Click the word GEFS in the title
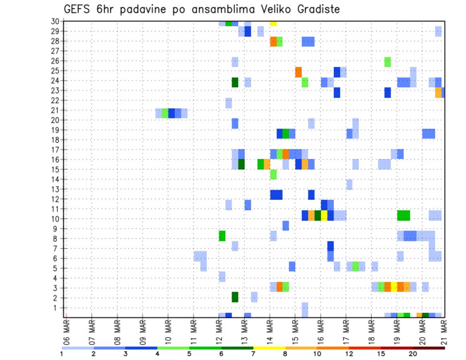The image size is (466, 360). coord(78,9)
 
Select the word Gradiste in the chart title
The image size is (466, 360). coord(317,9)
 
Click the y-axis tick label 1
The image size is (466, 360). coord(57,308)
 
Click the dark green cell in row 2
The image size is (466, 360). coord(235,297)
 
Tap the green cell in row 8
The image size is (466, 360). coord(222,236)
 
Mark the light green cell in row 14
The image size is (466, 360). coord(273,174)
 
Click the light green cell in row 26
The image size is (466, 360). coord(387,62)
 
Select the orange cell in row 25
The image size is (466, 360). coord(299,72)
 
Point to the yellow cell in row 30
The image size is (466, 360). coord(273,23)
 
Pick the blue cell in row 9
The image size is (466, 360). coord(286,226)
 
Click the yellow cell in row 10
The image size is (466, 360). coord(324,215)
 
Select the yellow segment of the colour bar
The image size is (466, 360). coord(269,348)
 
